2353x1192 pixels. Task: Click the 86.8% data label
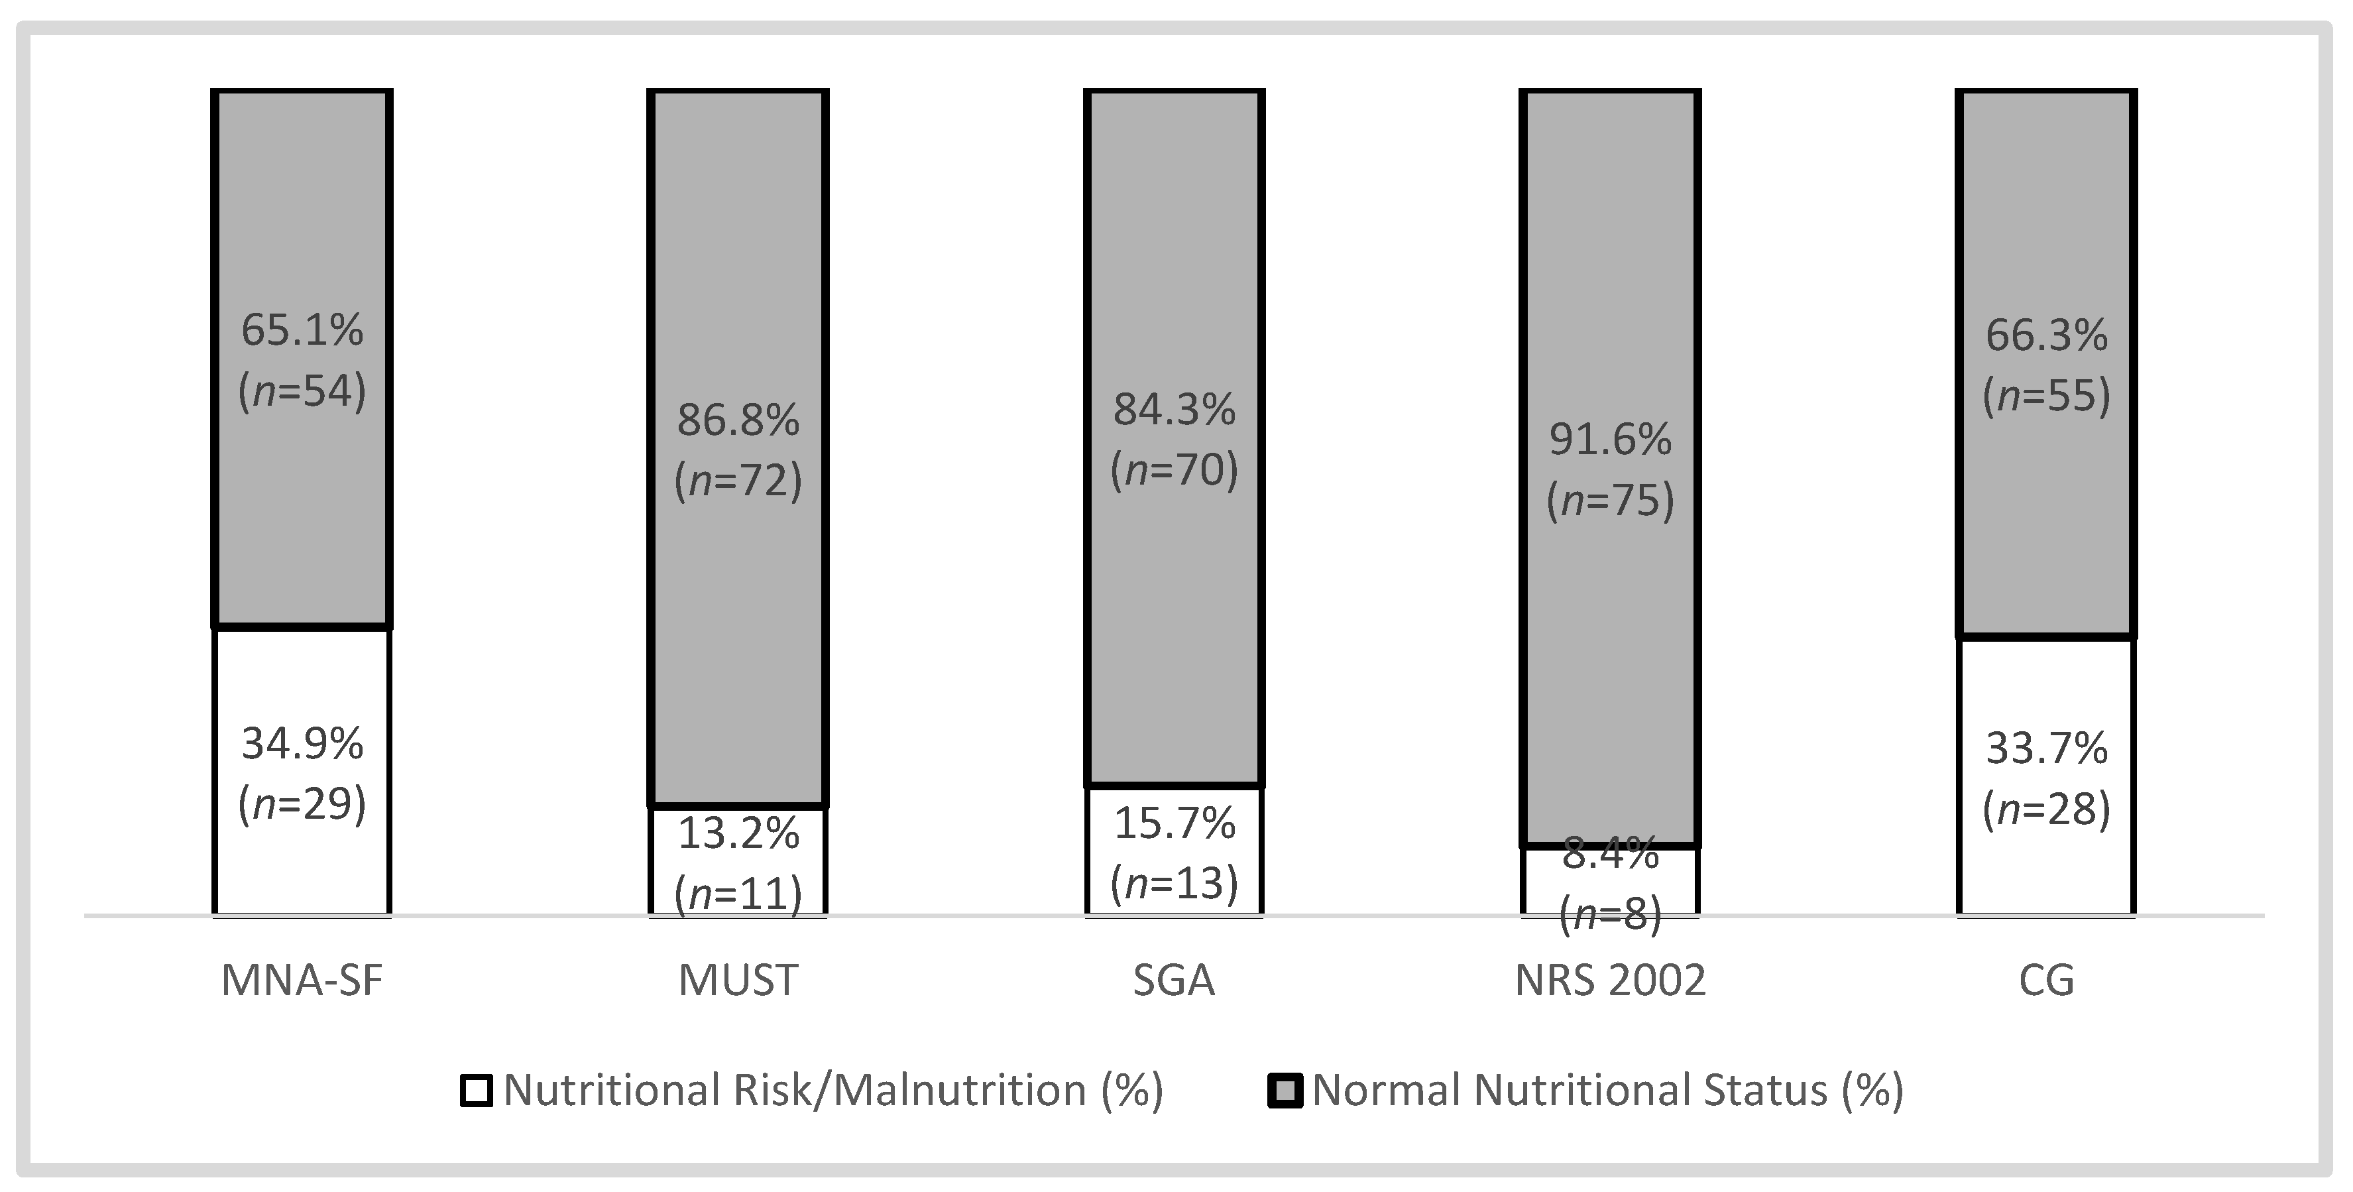coord(738,421)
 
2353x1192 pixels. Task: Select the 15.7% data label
coord(1174,824)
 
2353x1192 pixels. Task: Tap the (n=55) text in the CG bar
coord(2046,396)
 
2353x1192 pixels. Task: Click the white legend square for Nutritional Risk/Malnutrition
coord(477,1091)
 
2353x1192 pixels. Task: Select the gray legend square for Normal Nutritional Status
coord(1285,1091)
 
